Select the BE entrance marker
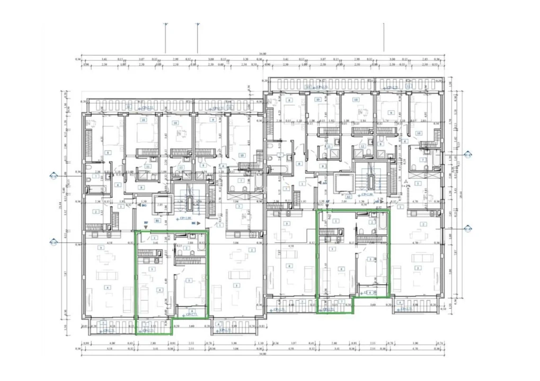tap(193, 223)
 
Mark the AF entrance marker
tap(328, 202)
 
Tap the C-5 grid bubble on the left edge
tap(53, 242)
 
